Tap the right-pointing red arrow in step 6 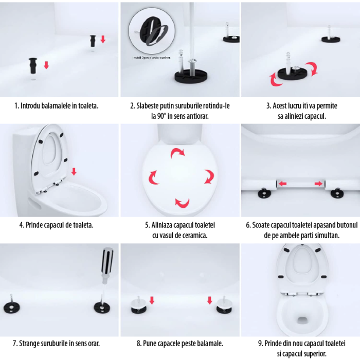pyautogui.click(x=319, y=183)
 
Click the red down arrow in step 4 pyautogui.click(x=74, y=171)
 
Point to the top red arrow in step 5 pyautogui.click(x=177, y=152)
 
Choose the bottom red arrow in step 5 pyautogui.click(x=182, y=202)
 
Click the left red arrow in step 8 pyautogui.click(x=152, y=300)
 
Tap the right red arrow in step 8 pyautogui.click(x=210, y=300)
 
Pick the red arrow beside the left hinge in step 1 pyautogui.click(x=46, y=65)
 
